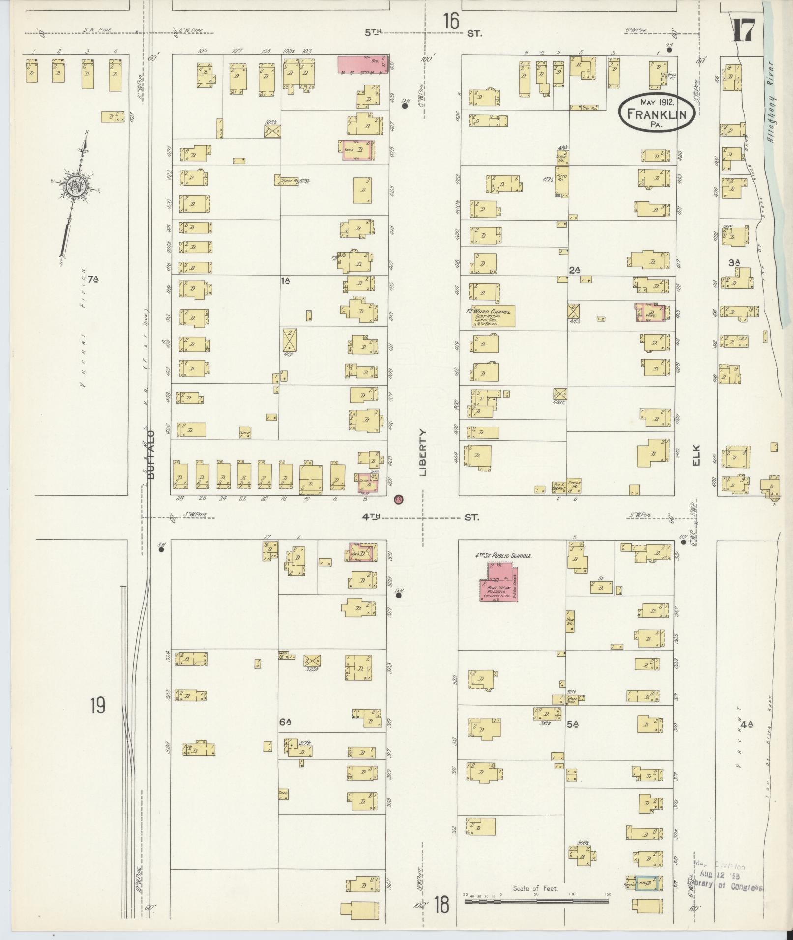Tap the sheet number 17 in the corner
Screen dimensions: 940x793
tap(743, 31)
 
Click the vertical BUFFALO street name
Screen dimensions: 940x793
tap(151, 455)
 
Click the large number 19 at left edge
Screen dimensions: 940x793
tap(97, 706)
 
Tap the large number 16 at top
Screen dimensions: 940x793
tap(450, 22)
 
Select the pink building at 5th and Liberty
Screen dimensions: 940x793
tap(362, 64)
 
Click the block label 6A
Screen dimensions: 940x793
tap(286, 722)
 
